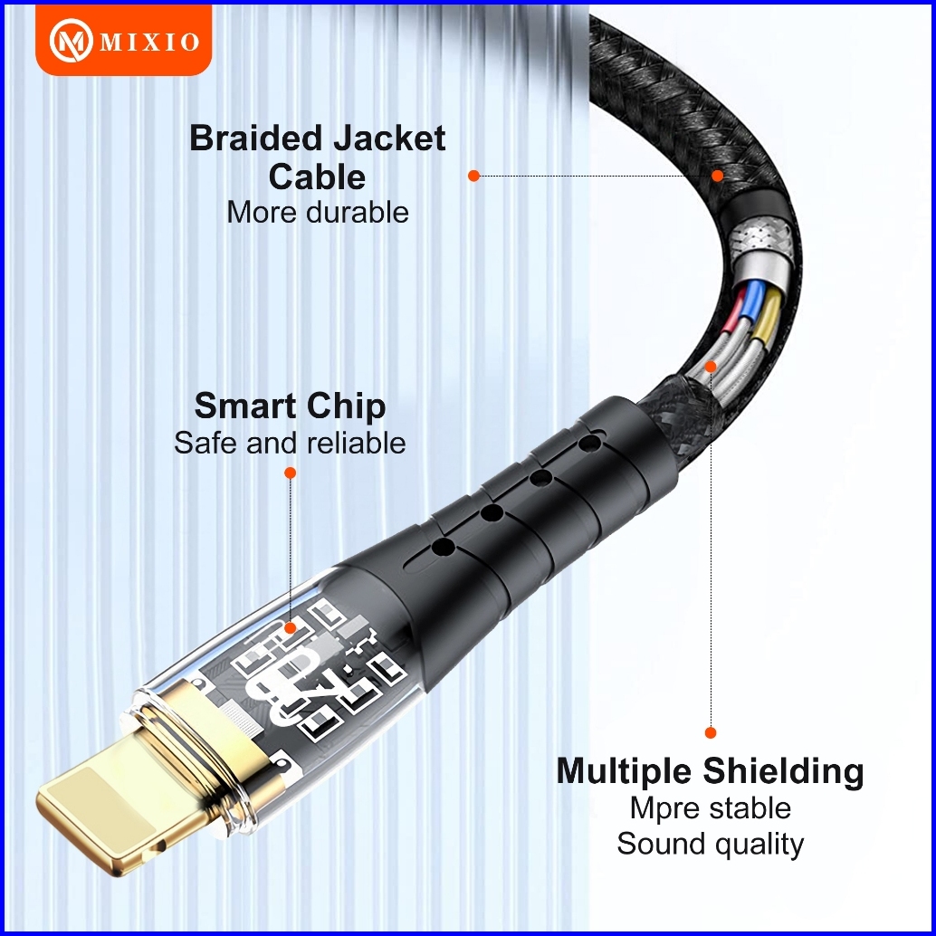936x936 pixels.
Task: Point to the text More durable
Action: click(317, 212)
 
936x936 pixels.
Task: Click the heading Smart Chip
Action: click(290, 406)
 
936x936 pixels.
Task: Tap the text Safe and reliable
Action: click(290, 443)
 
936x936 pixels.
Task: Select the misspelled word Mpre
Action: click(664, 807)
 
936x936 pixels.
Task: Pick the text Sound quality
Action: click(711, 844)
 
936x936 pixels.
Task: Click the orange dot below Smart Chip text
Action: click(290, 473)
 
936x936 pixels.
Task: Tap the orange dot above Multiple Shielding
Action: click(711, 732)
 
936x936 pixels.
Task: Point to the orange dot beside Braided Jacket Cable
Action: click(473, 176)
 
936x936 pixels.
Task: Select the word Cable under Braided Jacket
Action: click(317, 177)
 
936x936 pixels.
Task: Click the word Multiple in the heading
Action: click(625, 771)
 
